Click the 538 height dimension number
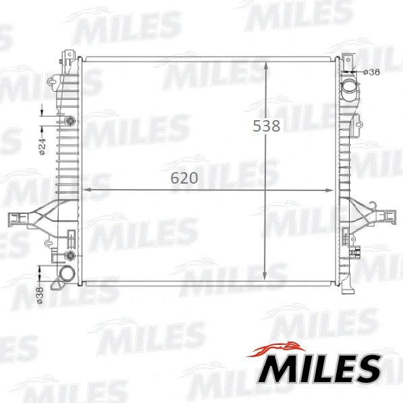(x=266, y=126)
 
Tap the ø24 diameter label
(x=41, y=146)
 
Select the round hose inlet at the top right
(x=349, y=88)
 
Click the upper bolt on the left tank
(x=70, y=122)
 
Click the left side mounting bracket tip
(x=12, y=217)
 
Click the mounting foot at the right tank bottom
(x=347, y=287)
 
